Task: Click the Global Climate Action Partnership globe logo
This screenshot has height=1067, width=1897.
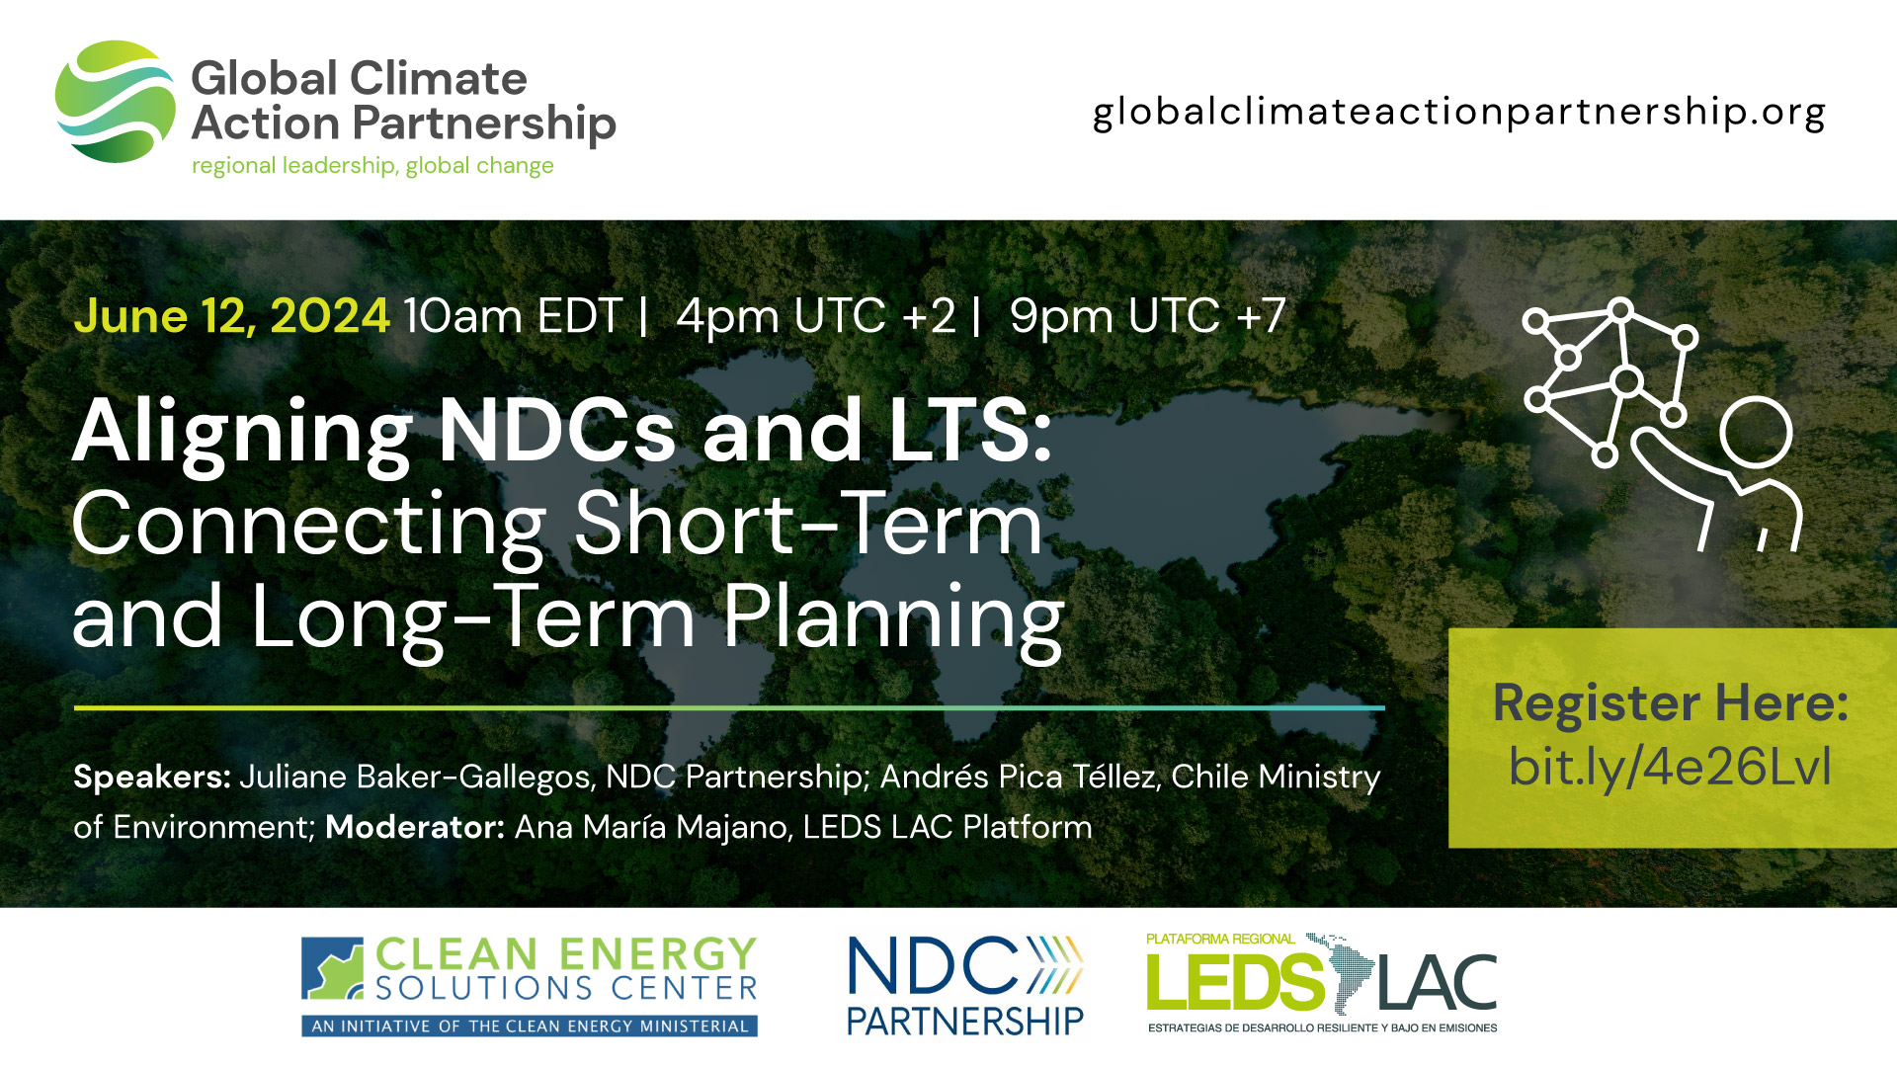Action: (x=115, y=102)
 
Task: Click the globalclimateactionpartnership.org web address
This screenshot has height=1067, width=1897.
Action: (x=1458, y=113)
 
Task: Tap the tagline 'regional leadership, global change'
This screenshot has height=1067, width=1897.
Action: (x=372, y=166)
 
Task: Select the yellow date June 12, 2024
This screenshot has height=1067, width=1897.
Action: (x=231, y=316)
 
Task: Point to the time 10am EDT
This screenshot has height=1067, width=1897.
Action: (x=513, y=316)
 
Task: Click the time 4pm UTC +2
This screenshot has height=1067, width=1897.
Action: (x=816, y=316)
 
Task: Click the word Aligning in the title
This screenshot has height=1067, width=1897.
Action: (x=241, y=432)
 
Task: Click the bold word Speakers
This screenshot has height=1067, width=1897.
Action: (x=151, y=778)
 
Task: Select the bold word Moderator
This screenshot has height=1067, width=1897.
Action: (x=415, y=827)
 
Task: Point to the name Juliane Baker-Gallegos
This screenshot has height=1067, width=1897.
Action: (x=415, y=778)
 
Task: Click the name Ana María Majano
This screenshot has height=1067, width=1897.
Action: (x=653, y=827)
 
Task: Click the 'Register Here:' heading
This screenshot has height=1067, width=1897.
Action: (x=1671, y=703)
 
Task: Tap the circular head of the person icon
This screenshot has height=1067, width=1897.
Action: (x=1756, y=432)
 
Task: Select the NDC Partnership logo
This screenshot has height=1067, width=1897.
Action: (x=965, y=986)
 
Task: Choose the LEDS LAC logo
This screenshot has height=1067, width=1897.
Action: (x=1321, y=983)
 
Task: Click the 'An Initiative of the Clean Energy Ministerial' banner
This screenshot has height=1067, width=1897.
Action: (x=530, y=1026)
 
